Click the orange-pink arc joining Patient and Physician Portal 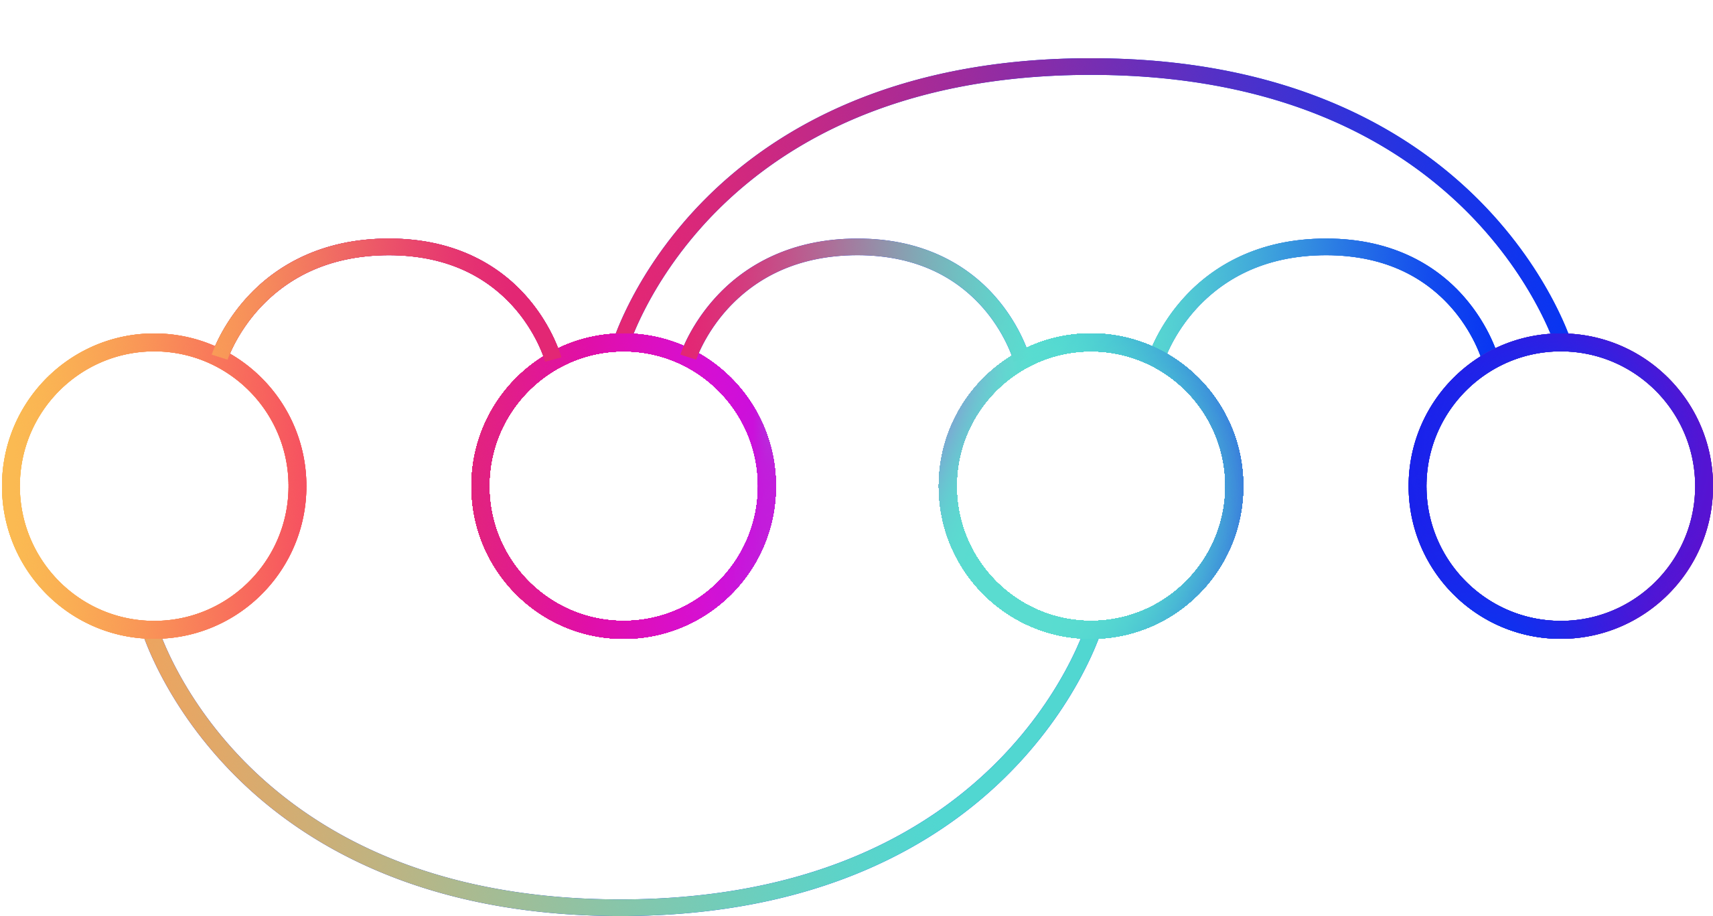tap(388, 247)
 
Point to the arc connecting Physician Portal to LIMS tap(857, 247)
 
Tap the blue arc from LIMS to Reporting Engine tap(1326, 247)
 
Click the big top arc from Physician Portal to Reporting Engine tap(1092, 67)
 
